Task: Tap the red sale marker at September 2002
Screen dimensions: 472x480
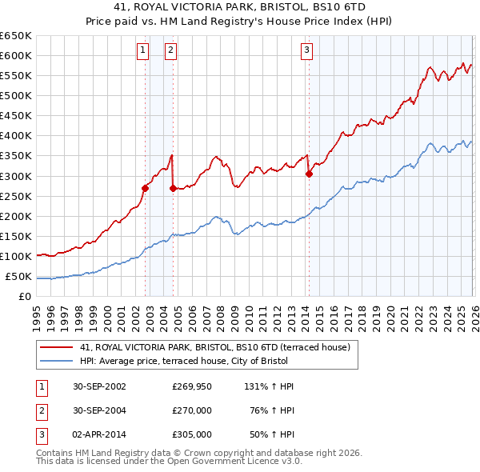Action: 145,188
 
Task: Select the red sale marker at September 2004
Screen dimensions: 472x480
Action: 173,188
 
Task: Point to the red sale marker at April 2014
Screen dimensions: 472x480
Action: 309,174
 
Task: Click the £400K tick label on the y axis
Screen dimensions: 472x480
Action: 15,135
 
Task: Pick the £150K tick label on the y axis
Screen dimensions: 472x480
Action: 15,236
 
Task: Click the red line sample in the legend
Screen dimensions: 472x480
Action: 57,347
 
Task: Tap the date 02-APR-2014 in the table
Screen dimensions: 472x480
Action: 98,434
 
